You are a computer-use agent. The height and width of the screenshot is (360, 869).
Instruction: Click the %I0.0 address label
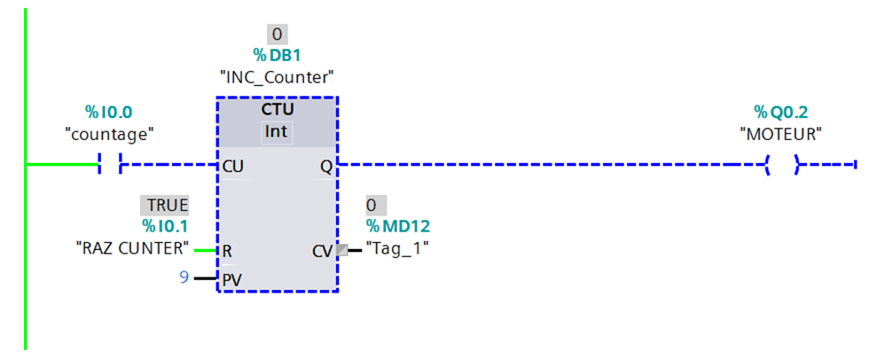108,112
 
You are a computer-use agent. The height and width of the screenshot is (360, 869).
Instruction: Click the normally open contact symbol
110,164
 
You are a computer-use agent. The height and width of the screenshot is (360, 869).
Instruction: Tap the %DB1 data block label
278,55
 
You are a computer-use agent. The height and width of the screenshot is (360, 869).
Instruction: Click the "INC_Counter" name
278,76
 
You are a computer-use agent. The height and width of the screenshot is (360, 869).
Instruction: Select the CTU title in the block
278,110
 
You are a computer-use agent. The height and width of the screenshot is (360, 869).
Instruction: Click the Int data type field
278,131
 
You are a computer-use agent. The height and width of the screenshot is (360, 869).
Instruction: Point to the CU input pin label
233,165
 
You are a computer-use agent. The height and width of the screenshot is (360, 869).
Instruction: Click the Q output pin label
326,166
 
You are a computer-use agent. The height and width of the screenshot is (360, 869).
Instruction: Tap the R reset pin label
227,251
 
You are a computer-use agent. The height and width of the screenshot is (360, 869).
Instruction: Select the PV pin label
231,279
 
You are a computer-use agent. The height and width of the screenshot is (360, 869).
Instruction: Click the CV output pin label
322,251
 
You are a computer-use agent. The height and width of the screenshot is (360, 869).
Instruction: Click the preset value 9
184,278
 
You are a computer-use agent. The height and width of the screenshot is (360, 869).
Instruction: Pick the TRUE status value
168,206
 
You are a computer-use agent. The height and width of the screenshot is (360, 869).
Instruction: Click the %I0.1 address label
167,227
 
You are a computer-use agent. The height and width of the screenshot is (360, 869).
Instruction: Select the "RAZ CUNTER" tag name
133,249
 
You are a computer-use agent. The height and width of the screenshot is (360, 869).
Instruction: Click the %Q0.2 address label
780,112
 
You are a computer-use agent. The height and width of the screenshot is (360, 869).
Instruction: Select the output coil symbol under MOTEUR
782,164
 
